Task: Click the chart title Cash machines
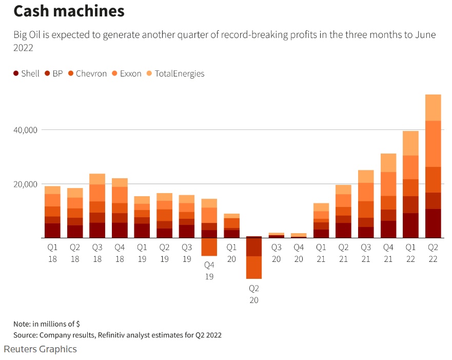click(69, 11)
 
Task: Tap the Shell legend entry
click(26, 73)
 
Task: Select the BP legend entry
click(54, 73)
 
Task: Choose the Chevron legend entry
click(87, 73)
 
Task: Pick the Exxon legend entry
click(127, 73)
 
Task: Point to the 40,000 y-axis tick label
click(24, 130)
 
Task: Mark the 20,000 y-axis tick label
click(24, 184)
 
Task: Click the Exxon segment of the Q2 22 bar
click(433, 144)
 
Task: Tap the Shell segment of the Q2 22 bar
click(433, 223)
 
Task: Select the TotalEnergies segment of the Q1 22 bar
click(410, 143)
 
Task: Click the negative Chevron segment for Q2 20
click(253, 267)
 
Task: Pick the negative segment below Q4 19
click(209, 247)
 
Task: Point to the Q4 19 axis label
click(209, 271)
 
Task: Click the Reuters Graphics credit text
click(40, 349)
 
